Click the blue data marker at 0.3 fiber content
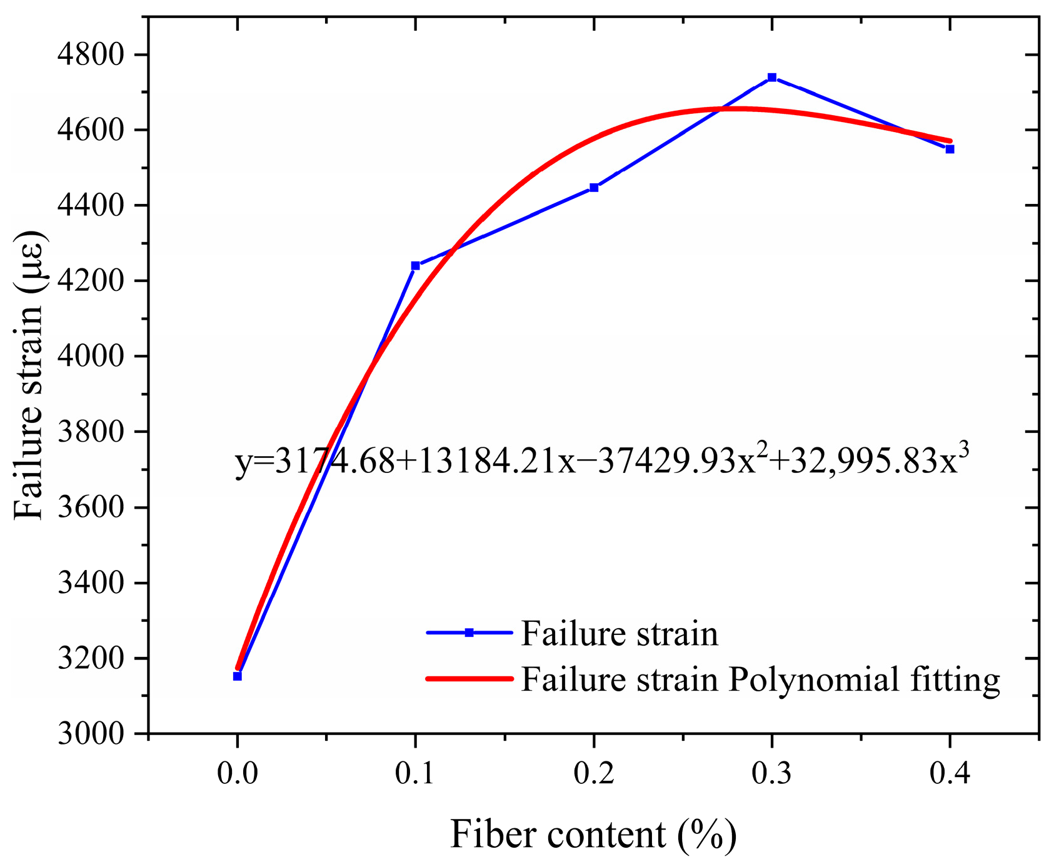click(771, 77)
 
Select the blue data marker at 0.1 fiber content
click(415, 265)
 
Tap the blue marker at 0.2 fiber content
click(593, 187)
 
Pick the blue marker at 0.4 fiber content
click(950, 149)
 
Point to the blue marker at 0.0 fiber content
click(237, 676)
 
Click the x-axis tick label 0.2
click(593, 774)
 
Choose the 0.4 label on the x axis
click(950, 774)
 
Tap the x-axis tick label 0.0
click(237, 774)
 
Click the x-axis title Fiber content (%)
click(593, 835)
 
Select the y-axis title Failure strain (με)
click(30, 375)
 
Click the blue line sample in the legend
click(469, 633)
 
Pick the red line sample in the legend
click(469, 678)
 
